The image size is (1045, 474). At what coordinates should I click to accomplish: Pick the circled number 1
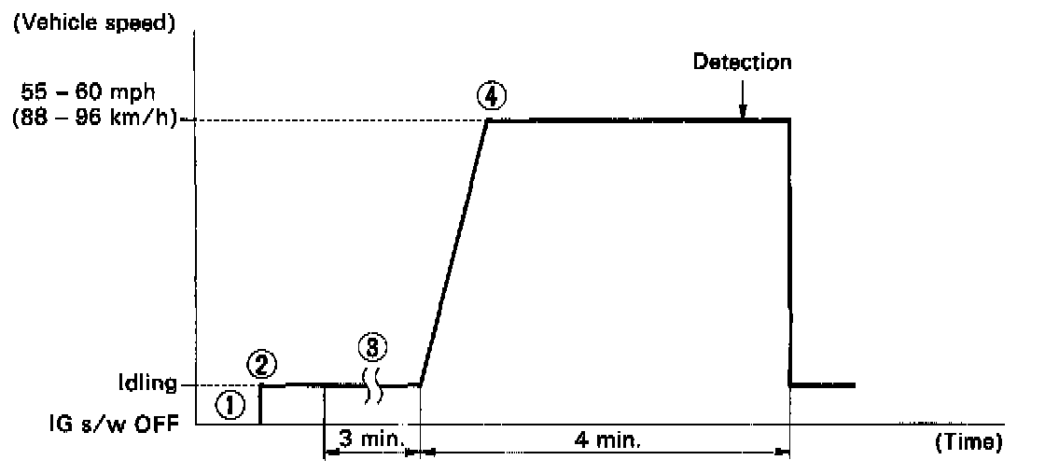click(228, 403)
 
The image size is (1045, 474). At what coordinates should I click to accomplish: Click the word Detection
click(743, 63)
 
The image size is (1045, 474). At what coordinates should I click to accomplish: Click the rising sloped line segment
click(454, 252)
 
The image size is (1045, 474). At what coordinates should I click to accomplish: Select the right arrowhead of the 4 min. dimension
click(782, 453)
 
